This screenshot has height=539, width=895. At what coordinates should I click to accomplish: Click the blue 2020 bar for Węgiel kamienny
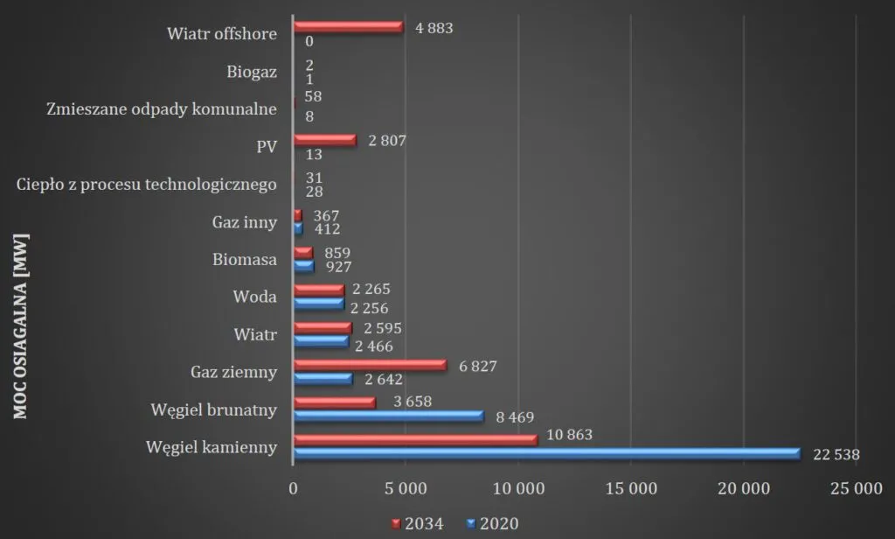(x=546, y=453)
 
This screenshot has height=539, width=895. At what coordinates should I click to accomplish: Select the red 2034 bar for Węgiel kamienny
(x=415, y=439)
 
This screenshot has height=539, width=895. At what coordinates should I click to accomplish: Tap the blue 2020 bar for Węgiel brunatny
(x=388, y=416)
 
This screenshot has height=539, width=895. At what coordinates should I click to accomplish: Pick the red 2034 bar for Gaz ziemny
(x=370, y=365)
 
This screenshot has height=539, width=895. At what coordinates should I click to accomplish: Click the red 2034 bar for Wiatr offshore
(x=348, y=27)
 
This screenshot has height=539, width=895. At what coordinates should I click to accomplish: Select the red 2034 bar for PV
(x=324, y=139)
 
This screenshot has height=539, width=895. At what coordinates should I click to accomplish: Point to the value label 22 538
(x=836, y=454)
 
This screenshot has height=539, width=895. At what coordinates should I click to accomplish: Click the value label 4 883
(x=434, y=28)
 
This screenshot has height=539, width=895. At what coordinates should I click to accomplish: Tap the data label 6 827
(x=477, y=366)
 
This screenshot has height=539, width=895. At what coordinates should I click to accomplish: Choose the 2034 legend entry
(x=416, y=524)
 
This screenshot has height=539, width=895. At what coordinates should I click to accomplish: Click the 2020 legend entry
(x=493, y=524)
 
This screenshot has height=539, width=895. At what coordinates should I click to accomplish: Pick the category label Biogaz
(x=251, y=72)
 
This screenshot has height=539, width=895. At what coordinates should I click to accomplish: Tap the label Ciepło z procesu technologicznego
(x=147, y=185)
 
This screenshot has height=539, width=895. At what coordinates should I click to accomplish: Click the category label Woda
(x=256, y=297)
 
